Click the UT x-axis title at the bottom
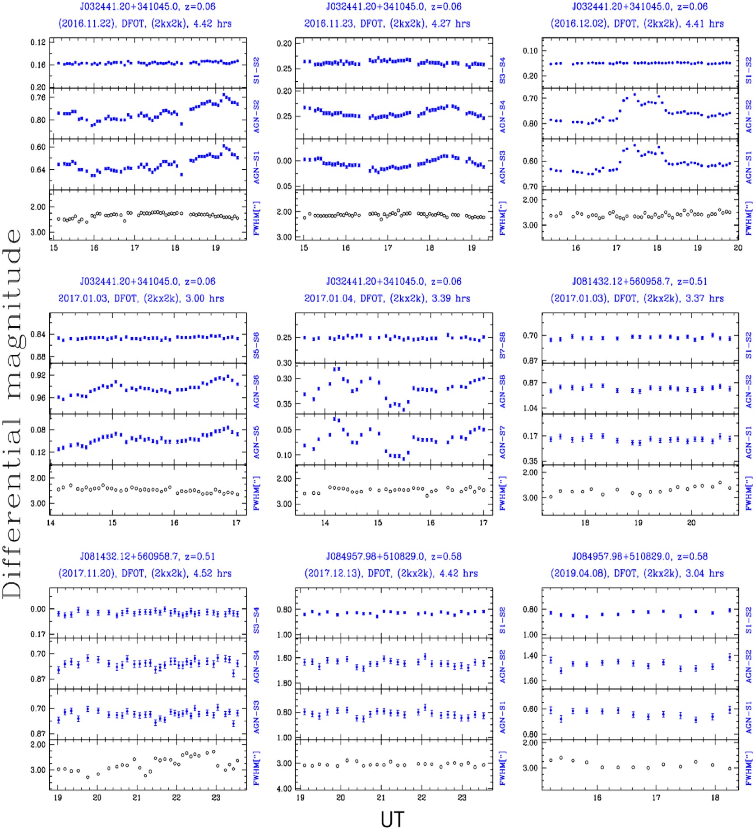point(392,819)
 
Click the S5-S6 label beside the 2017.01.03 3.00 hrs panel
point(256,346)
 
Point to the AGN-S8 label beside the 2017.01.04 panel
point(502,391)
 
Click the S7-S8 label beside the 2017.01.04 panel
point(502,346)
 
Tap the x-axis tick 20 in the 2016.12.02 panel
point(738,248)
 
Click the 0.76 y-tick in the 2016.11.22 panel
point(38,97)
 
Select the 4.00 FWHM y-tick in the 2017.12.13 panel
point(284,789)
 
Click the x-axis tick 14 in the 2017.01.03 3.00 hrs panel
point(51,523)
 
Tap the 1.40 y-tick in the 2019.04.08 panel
point(530,655)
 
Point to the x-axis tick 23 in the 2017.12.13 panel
point(462,798)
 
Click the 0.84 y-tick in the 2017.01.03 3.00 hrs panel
point(38,334)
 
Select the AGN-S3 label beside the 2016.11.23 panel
point(502,167)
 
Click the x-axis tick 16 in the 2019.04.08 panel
point(597,798)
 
